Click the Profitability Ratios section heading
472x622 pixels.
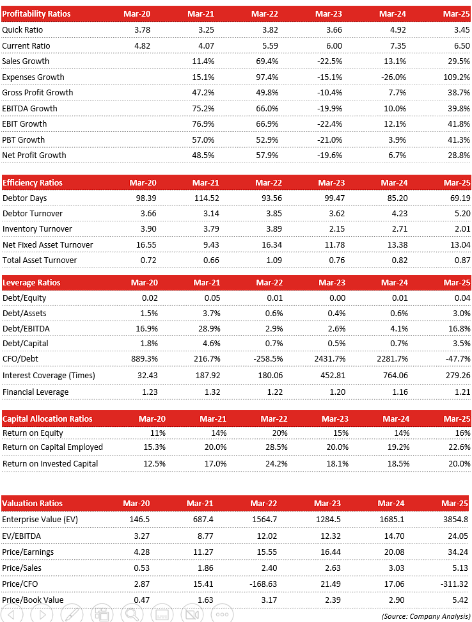coord(36,13)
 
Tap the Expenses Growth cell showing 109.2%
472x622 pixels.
coord(457,77)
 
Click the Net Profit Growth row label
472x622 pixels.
coord(34,155)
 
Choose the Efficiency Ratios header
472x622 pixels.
coord(33,182)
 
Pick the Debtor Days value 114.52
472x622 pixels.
coord(206,198)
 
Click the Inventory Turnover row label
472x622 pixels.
coord(37,228)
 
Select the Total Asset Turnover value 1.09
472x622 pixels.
coord(269,260)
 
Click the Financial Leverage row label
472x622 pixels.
coord(35,392)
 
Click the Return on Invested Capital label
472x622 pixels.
coord(51,463)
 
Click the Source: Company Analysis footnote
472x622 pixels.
coord(425,616)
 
